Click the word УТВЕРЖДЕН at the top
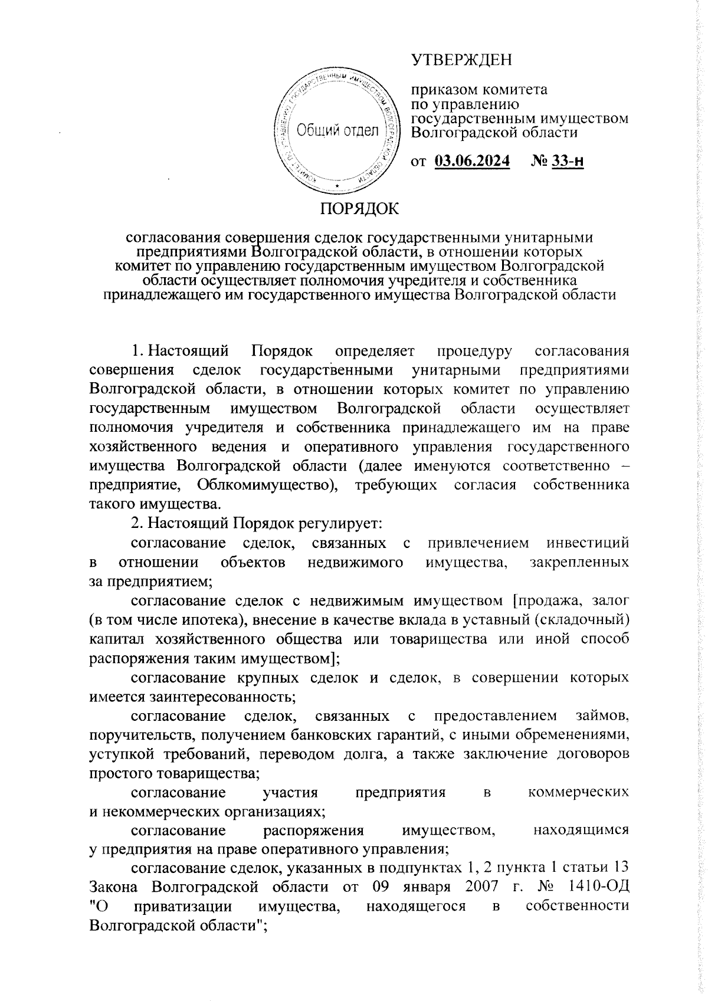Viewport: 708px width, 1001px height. pos(461,60)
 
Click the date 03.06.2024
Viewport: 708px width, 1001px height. pos(472,161)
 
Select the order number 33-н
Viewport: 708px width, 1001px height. pos(567,161)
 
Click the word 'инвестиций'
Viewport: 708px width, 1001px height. pos(587,543)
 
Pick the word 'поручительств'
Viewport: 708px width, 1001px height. pos(136,736)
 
